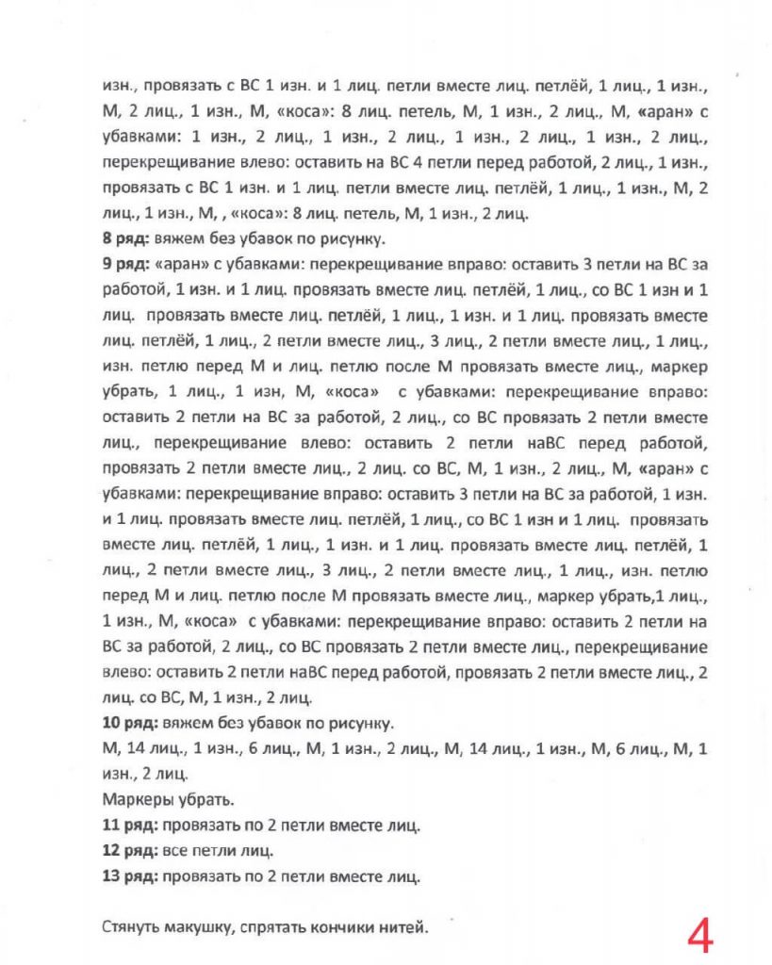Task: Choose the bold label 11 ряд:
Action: pyautogui.click(x=132, y=826)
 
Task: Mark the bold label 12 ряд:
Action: pyautogui.click(x=132, y=851)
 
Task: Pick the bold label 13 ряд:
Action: pyautogui.click(x=132, y=876)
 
